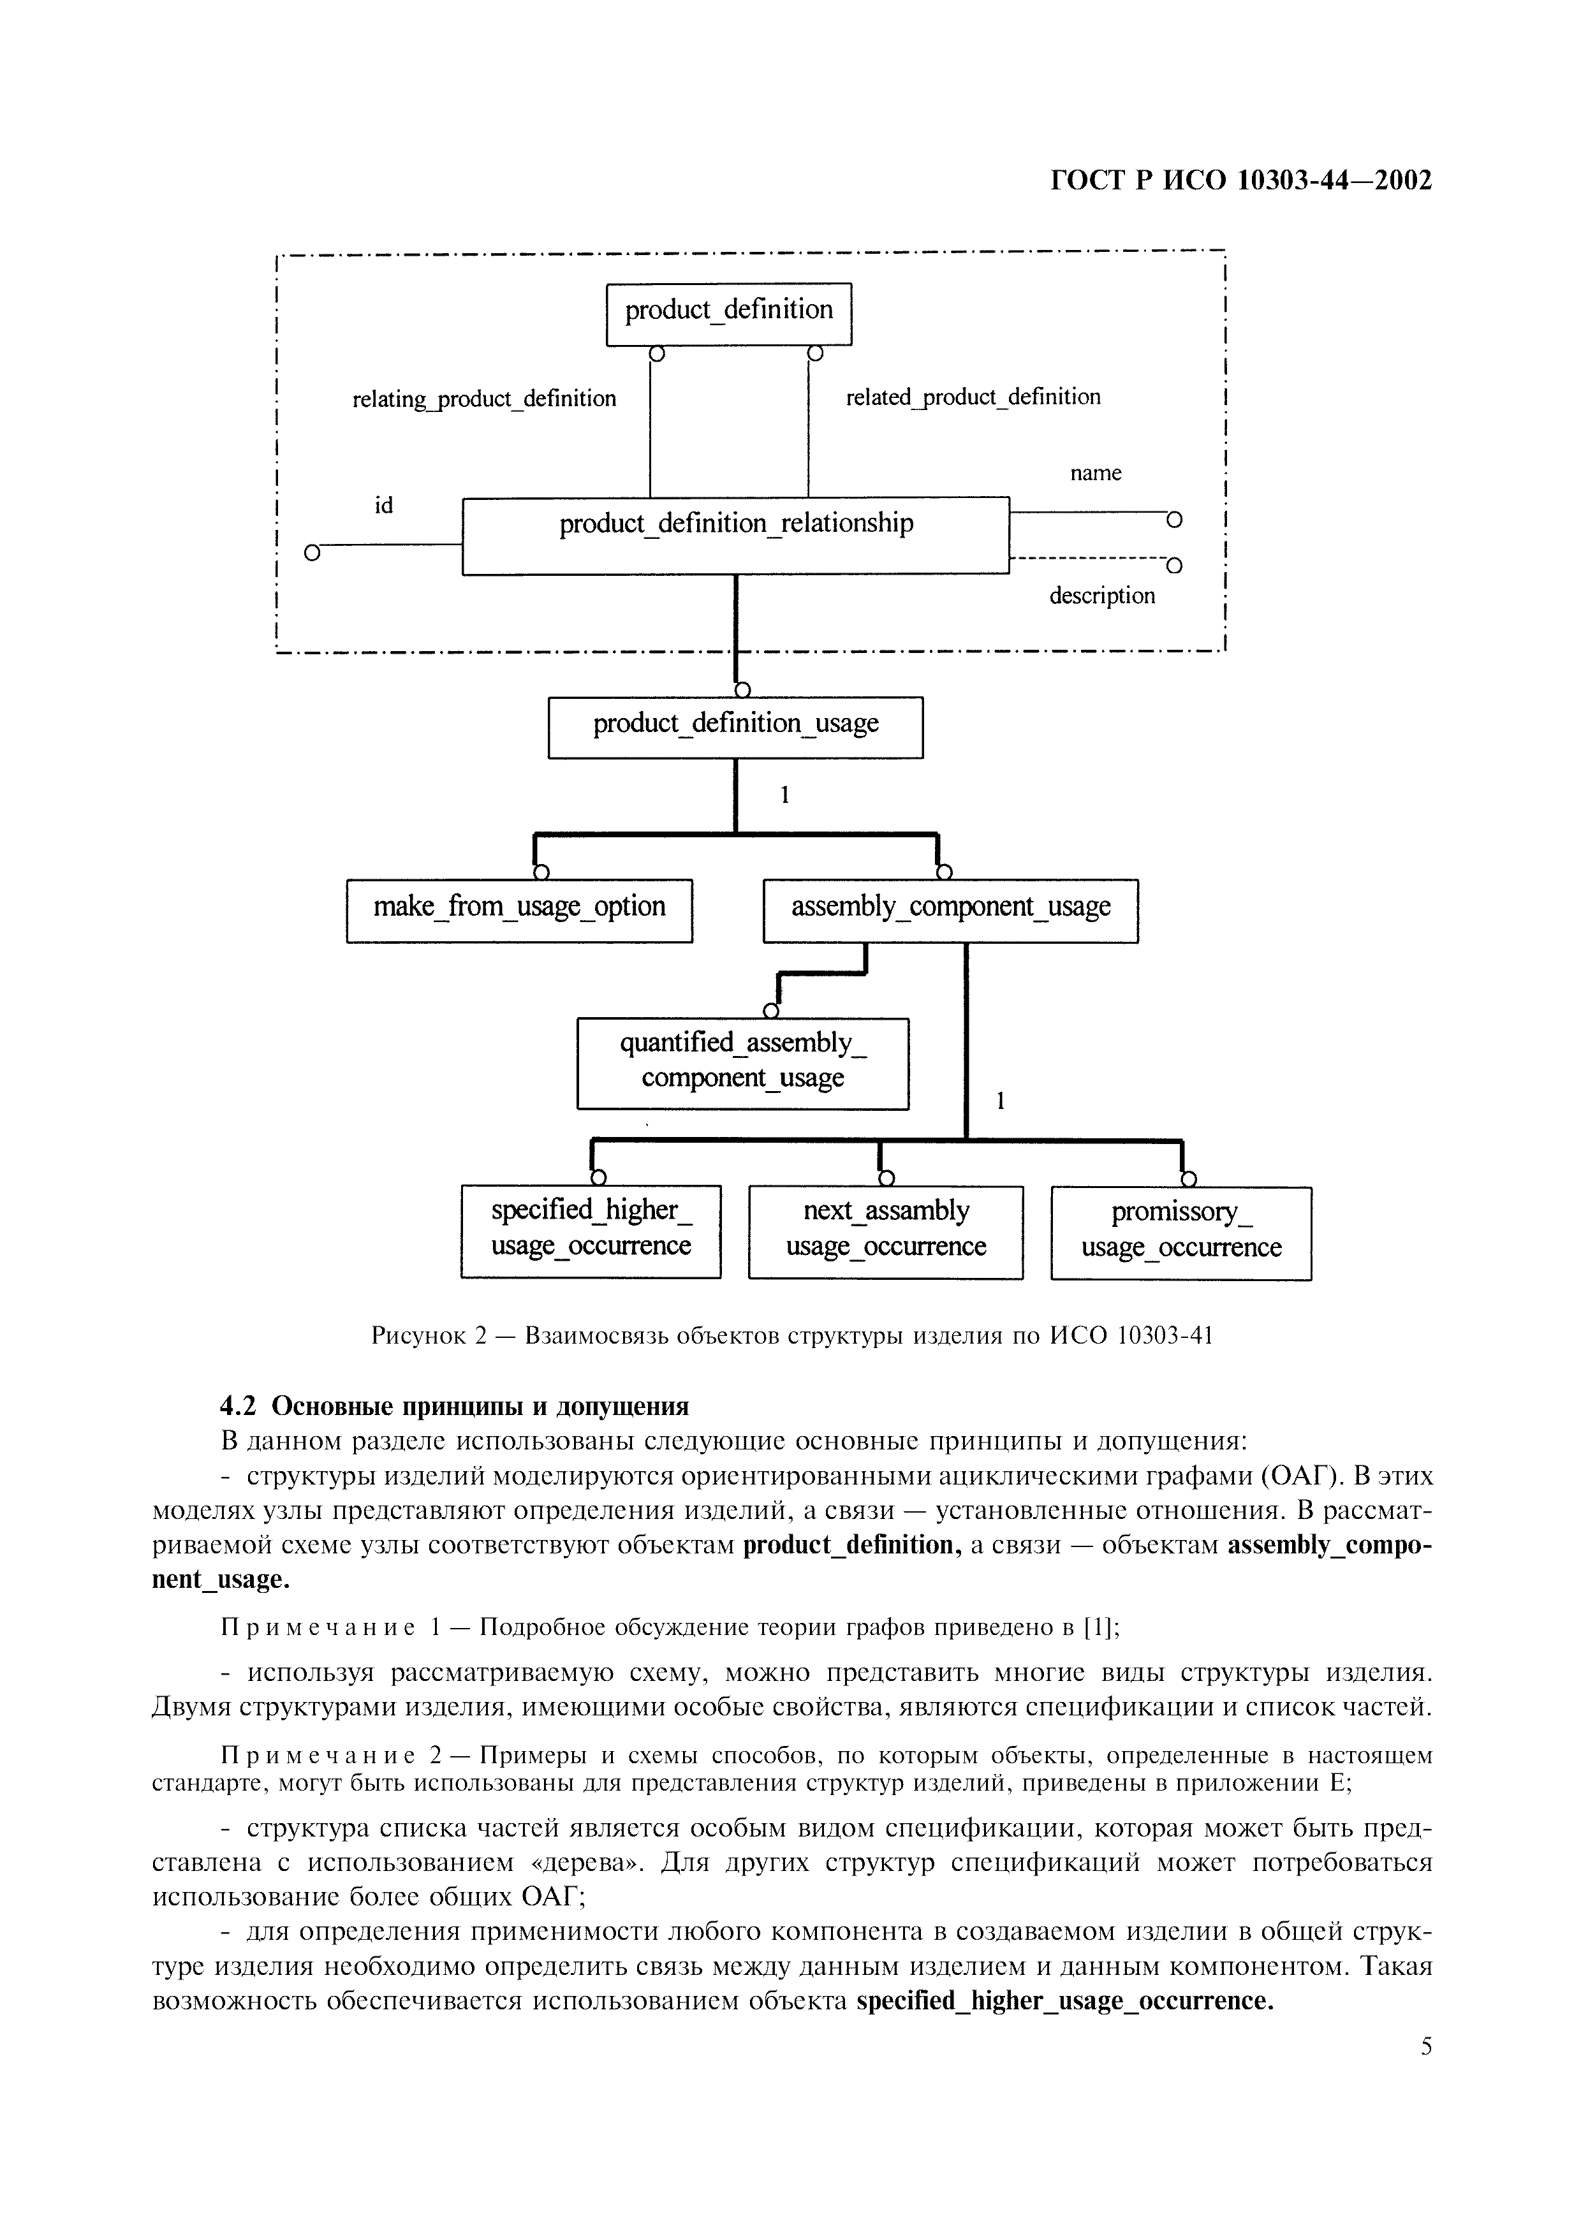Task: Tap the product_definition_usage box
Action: [x=735, y=727]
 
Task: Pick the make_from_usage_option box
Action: [x=519, y=910]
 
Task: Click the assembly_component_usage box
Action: [x=950, y=910]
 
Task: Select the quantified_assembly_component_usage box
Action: [x=742, y=1063]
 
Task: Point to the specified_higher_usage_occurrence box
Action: [x=591, y=1231]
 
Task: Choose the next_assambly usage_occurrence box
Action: [x=885, y=1231]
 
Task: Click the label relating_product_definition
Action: [x=484, y=399]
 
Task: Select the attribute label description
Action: [x=1102, y=596]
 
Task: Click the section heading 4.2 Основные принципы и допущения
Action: [x=454, y=1406]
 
